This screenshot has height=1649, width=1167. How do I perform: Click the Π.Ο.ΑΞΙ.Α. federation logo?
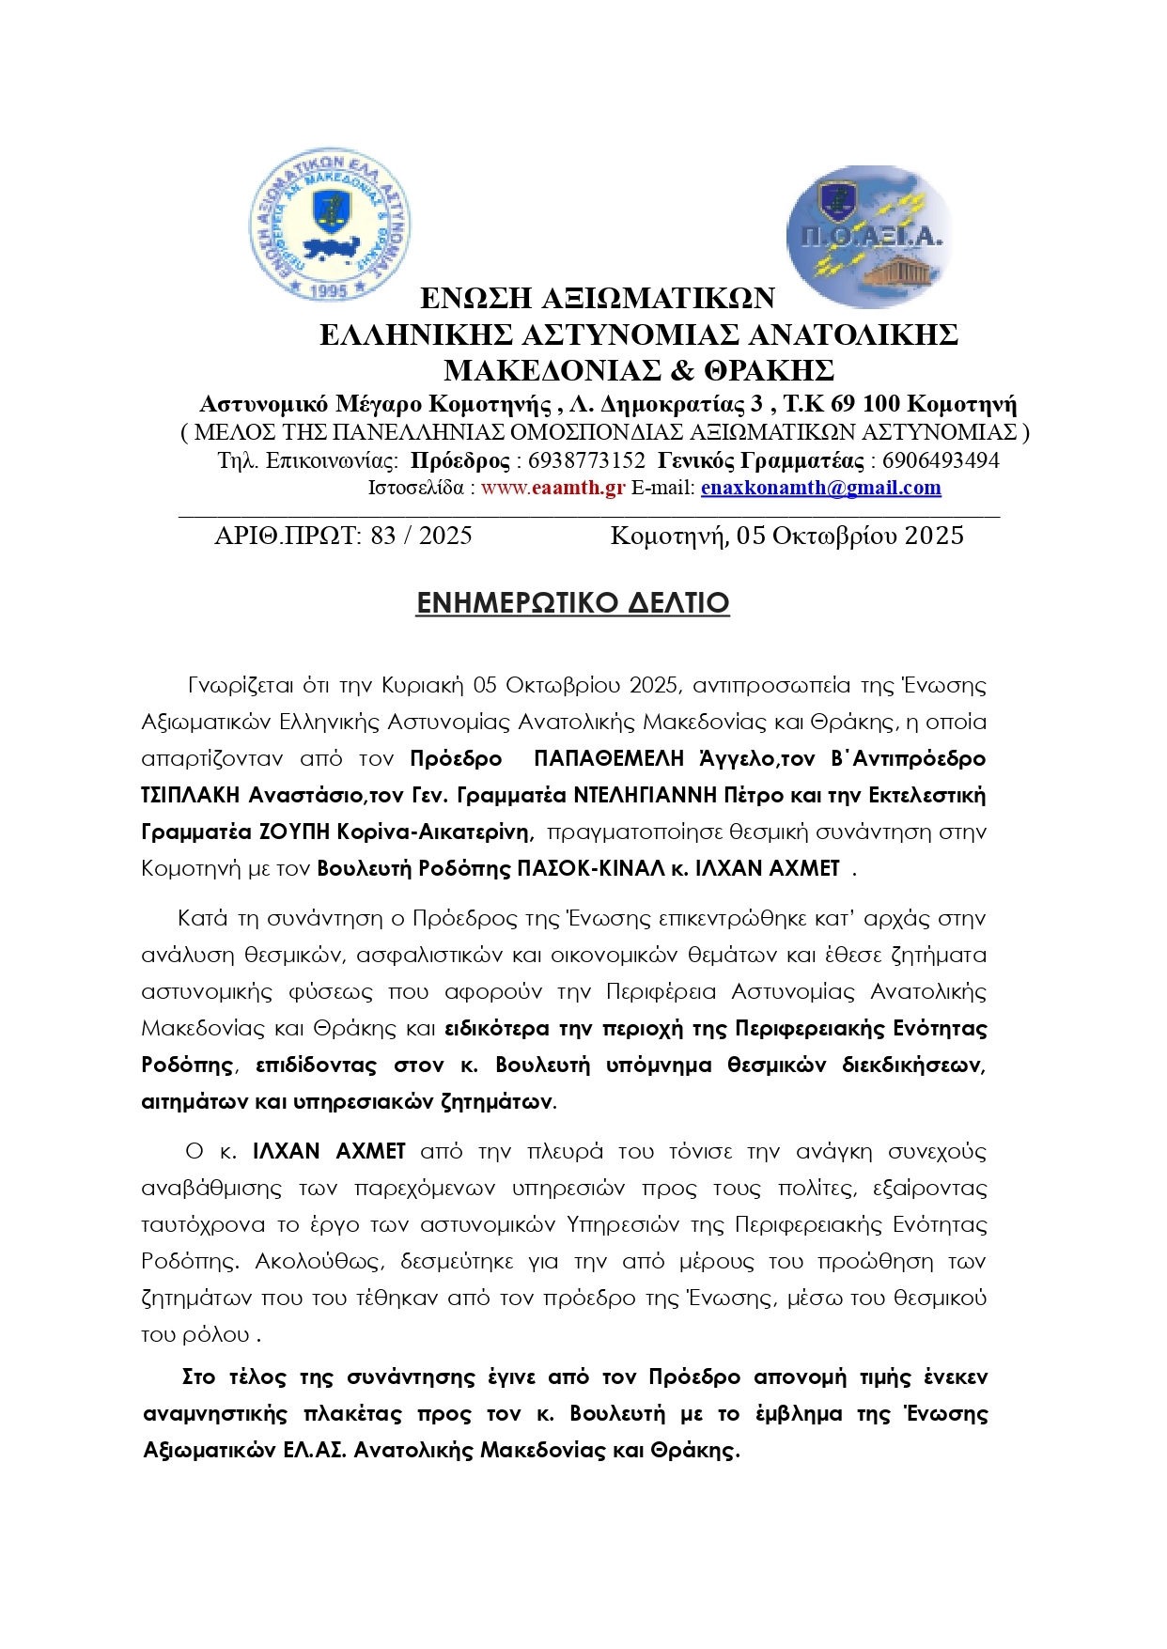tap(868, 237)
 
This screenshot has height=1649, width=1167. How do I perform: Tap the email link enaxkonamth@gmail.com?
tap(820, 488)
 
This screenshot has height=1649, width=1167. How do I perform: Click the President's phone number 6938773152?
tap(586, 460)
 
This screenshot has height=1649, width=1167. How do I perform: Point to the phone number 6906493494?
tap(941, 460)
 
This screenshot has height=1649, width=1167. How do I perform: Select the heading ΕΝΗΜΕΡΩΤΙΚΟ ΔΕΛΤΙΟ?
tap(572, 602)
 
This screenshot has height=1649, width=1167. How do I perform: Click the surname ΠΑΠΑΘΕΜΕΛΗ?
tap(609, 758)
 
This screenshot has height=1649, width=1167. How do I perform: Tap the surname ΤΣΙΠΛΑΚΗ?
tap(190, 795)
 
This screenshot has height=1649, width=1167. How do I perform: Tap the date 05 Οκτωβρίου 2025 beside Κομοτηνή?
tap(849, 536)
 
